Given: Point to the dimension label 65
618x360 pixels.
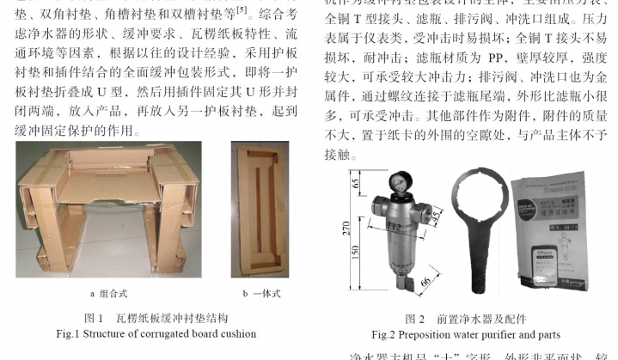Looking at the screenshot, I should click(358, 183).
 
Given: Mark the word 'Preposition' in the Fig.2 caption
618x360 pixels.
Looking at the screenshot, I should click(425, 333).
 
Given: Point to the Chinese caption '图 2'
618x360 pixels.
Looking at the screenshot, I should click(415, 319).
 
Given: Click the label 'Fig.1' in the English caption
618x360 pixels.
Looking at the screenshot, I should click(68, 333).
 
